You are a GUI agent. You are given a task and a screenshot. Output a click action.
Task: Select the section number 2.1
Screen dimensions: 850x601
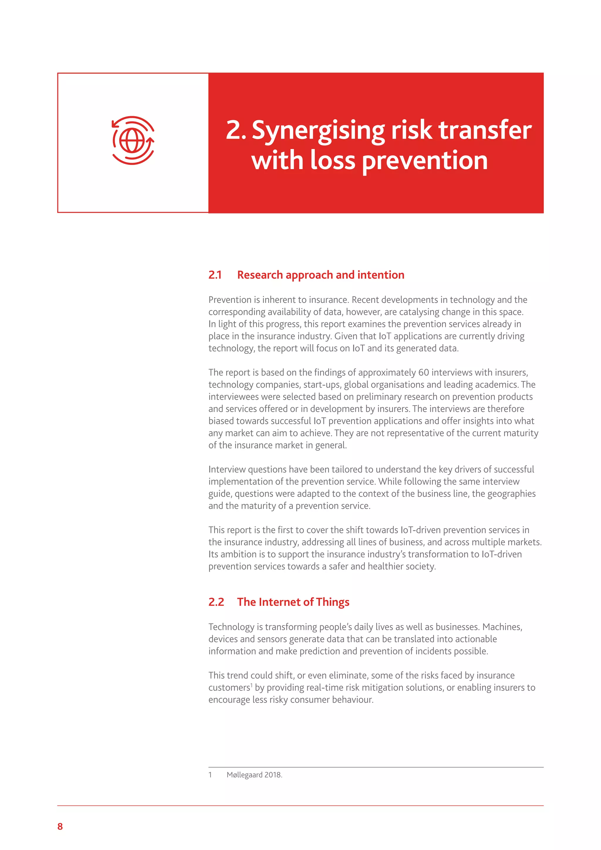pos(215,275)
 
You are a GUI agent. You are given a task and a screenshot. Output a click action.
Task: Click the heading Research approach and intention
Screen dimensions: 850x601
pos(320,275)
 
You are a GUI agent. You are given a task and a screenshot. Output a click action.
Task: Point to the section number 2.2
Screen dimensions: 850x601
pos(216,602)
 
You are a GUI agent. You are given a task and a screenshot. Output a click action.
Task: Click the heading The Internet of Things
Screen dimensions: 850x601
pos(293,602)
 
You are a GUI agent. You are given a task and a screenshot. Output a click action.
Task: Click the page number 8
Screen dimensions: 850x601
pos(60,826)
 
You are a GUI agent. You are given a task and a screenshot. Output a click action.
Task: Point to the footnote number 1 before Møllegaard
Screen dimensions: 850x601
pos(210,775)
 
